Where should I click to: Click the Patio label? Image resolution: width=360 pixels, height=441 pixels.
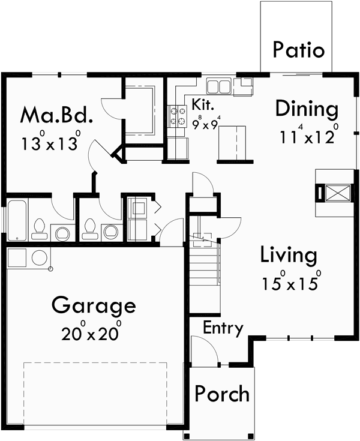coord(298,50)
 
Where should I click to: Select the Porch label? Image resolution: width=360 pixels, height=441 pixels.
coord(222,394)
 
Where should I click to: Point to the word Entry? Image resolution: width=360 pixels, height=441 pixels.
coord(223,328)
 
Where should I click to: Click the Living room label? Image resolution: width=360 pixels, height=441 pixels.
coord(289,256)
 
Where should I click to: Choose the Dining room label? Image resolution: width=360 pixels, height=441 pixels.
coord(307,109)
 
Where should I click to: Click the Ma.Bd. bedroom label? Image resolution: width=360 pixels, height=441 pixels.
coord(57,114)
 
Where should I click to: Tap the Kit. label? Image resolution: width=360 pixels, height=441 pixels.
coord(203,104)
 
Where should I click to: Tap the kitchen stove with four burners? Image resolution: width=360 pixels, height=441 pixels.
coord(178,115)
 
